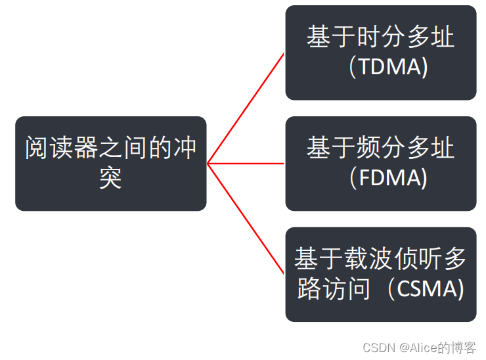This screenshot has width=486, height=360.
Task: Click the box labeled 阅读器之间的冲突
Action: [110, 164]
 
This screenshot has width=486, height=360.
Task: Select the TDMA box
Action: [380, 53]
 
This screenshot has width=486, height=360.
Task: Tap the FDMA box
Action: [380, 164]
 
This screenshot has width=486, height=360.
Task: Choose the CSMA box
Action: [380, 275]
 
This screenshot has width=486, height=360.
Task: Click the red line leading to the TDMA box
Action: [246, 108]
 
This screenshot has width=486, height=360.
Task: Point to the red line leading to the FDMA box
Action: [246, 164]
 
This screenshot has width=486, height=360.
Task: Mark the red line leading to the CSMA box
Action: [246, 219]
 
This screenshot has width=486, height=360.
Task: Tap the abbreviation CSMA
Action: [430, 288]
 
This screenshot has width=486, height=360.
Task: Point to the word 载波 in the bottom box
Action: [355, 259]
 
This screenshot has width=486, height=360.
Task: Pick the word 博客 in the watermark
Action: [464, 348]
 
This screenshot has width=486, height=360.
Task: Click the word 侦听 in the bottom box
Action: [417, 259]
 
